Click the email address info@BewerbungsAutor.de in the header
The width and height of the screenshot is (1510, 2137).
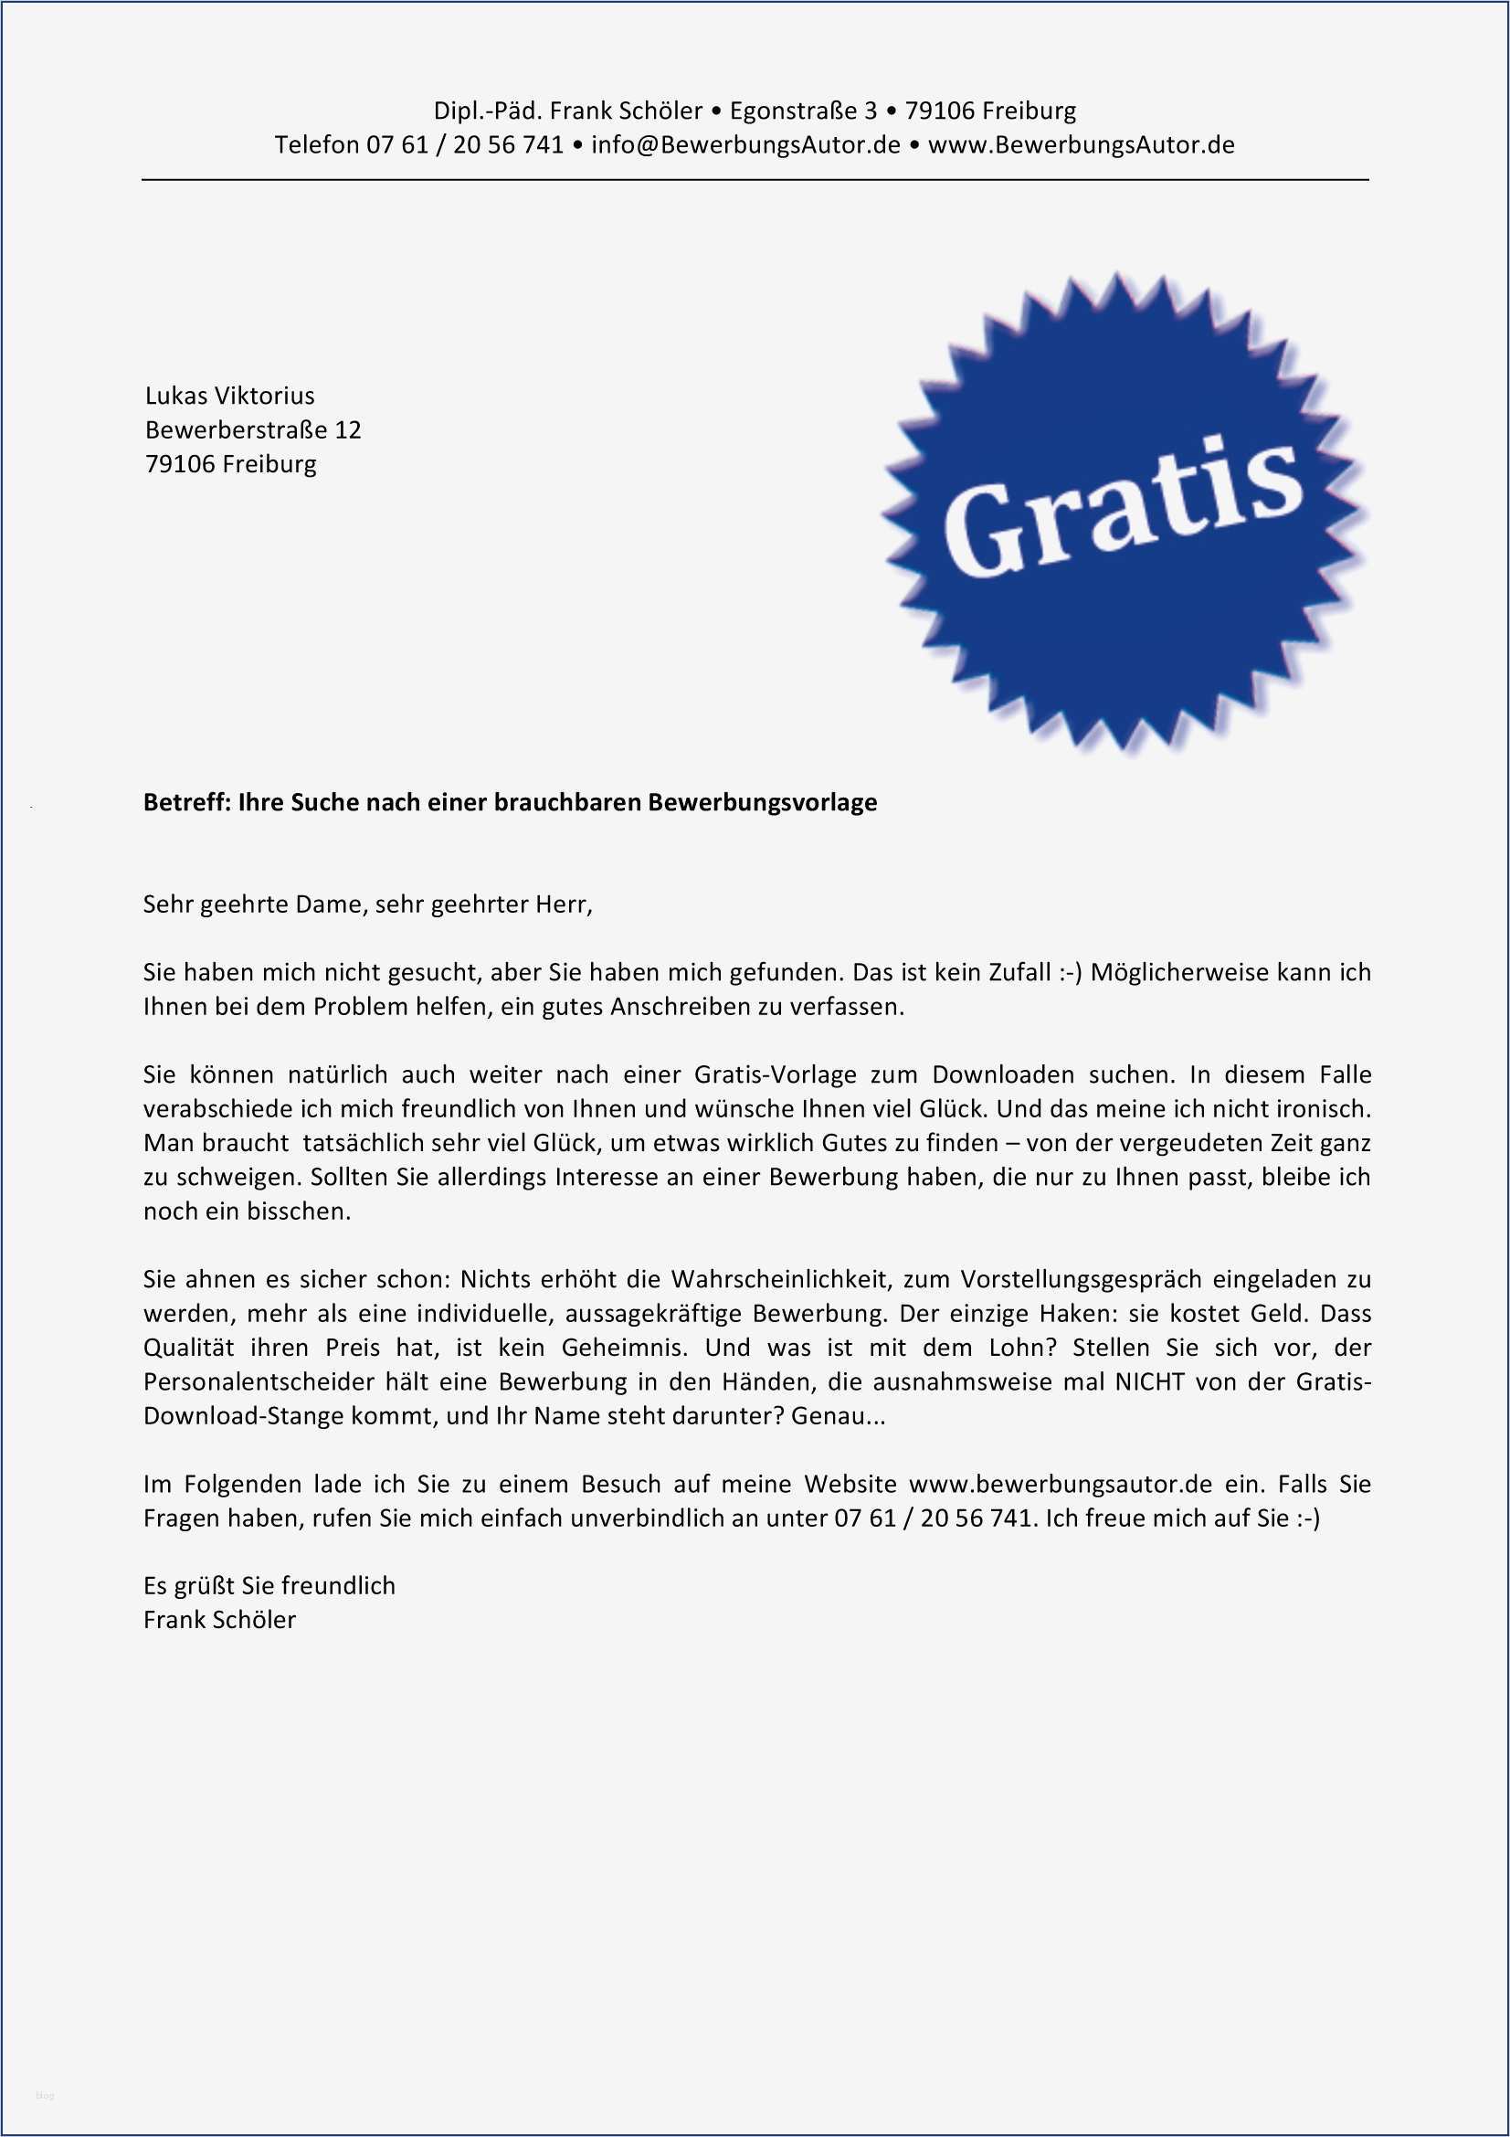[745, 145]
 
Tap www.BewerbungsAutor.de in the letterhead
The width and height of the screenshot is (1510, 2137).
[1081, 145]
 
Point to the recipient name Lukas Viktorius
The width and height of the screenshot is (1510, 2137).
[230, 396]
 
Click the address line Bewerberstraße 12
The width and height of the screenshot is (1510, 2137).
[252, 430]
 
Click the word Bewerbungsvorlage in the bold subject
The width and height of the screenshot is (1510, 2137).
[762, 802]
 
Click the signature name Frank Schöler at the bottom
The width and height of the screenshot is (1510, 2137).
[219, 1621]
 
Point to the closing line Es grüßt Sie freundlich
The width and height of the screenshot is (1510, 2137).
[269, 1586]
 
